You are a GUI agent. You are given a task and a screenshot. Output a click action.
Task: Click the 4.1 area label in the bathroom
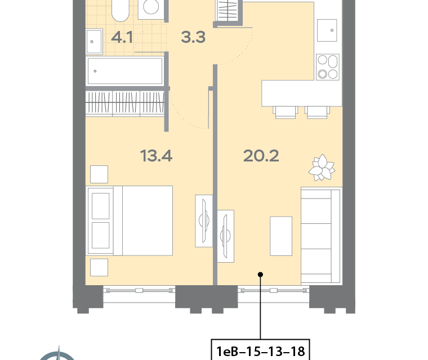122,37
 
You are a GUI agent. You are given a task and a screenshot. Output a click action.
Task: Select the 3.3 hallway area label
193,37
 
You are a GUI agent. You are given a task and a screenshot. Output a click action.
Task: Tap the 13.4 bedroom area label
156,156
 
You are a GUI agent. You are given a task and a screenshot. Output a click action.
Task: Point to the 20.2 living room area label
261,156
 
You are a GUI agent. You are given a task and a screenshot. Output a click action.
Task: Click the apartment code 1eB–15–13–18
260,351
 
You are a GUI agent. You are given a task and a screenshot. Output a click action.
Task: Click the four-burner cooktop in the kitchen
328,67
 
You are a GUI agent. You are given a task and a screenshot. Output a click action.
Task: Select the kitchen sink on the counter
327,30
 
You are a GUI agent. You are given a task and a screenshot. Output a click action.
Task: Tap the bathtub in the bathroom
125,71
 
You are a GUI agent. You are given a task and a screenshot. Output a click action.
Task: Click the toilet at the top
121,10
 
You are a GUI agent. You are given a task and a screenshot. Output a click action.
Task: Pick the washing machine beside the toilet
151,10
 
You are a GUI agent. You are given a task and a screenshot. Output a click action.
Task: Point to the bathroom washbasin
95,42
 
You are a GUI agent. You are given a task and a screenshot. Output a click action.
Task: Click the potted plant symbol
322,168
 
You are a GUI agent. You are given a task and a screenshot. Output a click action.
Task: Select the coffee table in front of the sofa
281,236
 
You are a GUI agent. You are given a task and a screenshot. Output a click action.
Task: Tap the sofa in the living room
322,236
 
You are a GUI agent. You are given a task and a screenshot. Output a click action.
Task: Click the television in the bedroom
204,221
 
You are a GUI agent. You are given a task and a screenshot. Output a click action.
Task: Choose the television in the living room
225,236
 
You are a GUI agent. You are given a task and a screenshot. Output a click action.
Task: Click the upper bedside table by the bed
99,174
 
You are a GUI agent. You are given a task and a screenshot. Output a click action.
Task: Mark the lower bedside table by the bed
99,267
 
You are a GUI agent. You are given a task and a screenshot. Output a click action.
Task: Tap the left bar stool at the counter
286,112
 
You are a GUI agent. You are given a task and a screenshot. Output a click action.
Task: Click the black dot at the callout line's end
260,274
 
